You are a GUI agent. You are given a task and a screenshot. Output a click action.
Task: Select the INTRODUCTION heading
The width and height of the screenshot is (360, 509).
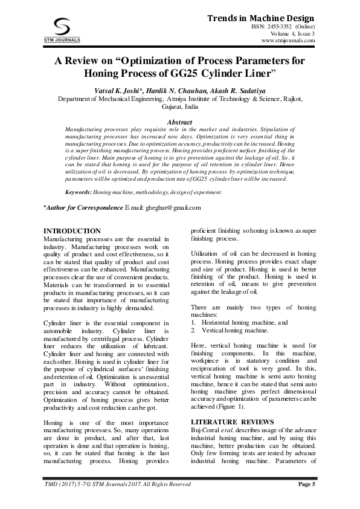point(73,231)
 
